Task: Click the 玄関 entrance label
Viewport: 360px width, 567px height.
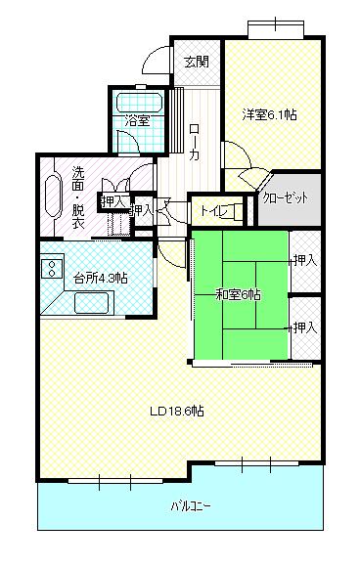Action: coord(196,62)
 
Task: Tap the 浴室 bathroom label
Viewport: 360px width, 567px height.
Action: coord(138,120)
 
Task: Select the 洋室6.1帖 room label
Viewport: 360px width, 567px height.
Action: coord(270,114)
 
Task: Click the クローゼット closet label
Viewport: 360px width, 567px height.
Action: coord(291,197)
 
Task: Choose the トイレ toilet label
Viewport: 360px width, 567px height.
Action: coord(214,208)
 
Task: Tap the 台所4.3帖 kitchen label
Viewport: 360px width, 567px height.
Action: coord(101,278)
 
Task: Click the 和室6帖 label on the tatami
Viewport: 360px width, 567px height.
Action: coord(238,294)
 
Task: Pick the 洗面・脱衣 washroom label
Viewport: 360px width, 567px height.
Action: coord(78,196)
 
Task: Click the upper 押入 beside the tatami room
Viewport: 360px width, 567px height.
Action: coord(304,260)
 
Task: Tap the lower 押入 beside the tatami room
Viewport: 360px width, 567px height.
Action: coord(304,326)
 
